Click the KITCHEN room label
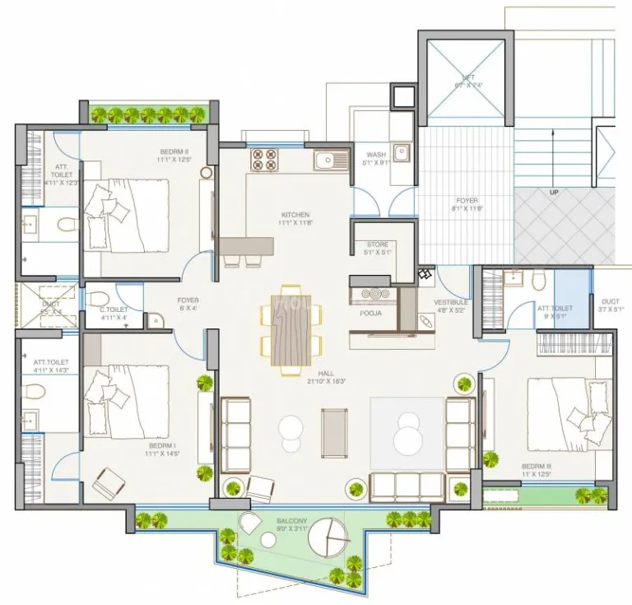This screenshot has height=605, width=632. pos(295,215)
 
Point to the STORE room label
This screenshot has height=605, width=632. pos(377,244)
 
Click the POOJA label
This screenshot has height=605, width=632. pos(371,314)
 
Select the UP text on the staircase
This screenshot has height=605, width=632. pos(555,193)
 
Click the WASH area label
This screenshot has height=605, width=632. pos(376,154)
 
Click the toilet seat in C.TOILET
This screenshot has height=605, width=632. pos(96,296)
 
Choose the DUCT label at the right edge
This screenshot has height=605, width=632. pos(610,301)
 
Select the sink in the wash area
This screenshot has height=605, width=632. pos(401,151)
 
